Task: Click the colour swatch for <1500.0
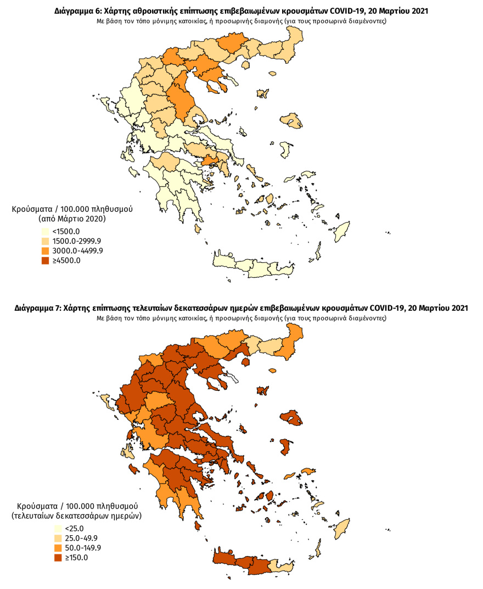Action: [x=42, y=231]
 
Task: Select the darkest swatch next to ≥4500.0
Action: [x=42, y=261]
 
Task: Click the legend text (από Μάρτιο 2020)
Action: [x=72, y=218]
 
